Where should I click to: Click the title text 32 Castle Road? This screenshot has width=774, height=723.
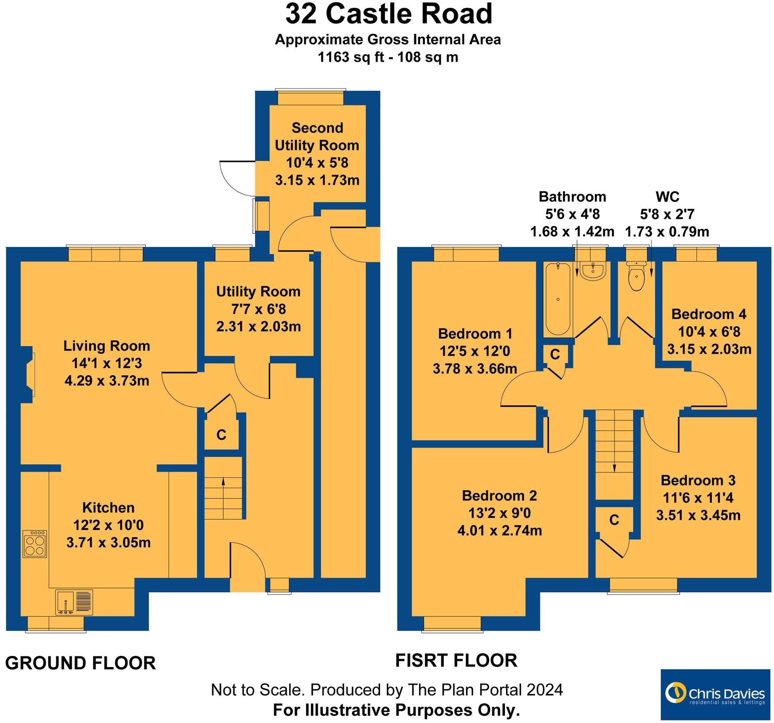(388, 14)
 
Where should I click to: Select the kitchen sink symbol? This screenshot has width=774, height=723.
(74, 602)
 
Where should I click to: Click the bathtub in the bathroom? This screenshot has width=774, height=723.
(558, 299)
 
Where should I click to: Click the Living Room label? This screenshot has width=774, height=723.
(107, 346)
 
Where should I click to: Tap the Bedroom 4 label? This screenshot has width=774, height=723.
(709, 314)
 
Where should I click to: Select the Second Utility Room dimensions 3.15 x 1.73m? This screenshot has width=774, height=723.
(317, 180)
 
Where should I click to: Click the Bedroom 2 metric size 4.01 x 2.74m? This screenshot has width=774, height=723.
(499, 531)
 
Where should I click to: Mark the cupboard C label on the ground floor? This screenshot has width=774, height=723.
(221, 435)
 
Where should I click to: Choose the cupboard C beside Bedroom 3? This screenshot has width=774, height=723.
(614, 520)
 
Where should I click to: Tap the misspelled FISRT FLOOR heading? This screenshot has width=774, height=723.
(456, 660)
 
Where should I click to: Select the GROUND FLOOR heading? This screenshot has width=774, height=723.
(80, 663)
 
